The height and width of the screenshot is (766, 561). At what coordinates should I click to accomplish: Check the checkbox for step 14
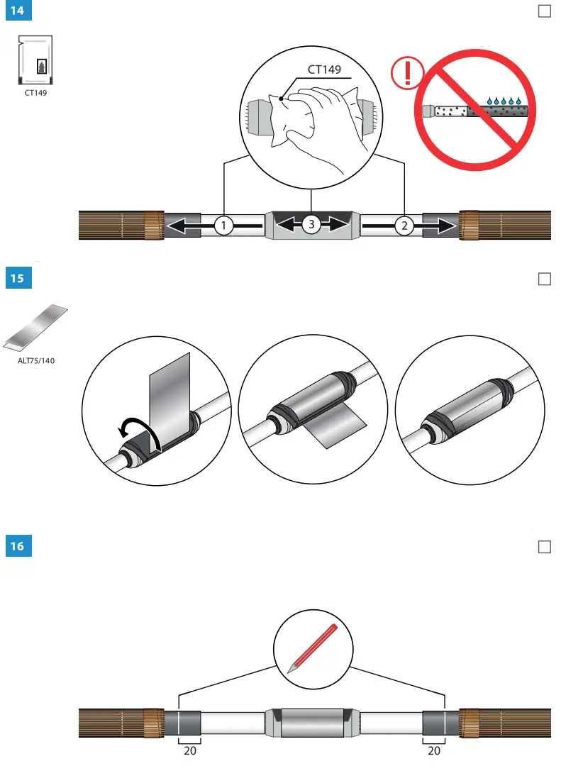pyautogui.click(x=545, y=11)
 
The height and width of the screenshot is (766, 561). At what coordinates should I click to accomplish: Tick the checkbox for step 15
pyautogui.click(x=545, y=279)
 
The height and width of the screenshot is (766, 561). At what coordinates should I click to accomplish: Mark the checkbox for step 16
pyautogui.click(x=545, y=547)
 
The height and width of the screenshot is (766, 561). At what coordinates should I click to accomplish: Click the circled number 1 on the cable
pyautogui.click(x=224, y=226)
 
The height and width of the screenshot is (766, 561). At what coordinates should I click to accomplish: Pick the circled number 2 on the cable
pyautogui.click(x=404, y=226)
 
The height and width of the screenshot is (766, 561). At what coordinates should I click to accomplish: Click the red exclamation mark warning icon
pyautogui.click(x=407, y=74)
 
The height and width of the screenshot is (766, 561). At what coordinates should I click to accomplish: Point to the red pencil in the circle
pyautogui.click(x=312, y=648)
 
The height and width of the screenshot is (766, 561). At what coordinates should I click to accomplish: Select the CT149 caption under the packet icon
pyautogui.click(x=35, y=92)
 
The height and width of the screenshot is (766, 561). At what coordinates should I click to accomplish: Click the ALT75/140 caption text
pyautogui.click(x=36, y=360)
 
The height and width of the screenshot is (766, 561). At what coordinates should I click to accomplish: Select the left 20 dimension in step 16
pyautogui.click(x=190, y=751)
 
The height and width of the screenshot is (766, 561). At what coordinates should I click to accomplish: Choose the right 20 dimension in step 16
pyautogui.click(x=434, y=751)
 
